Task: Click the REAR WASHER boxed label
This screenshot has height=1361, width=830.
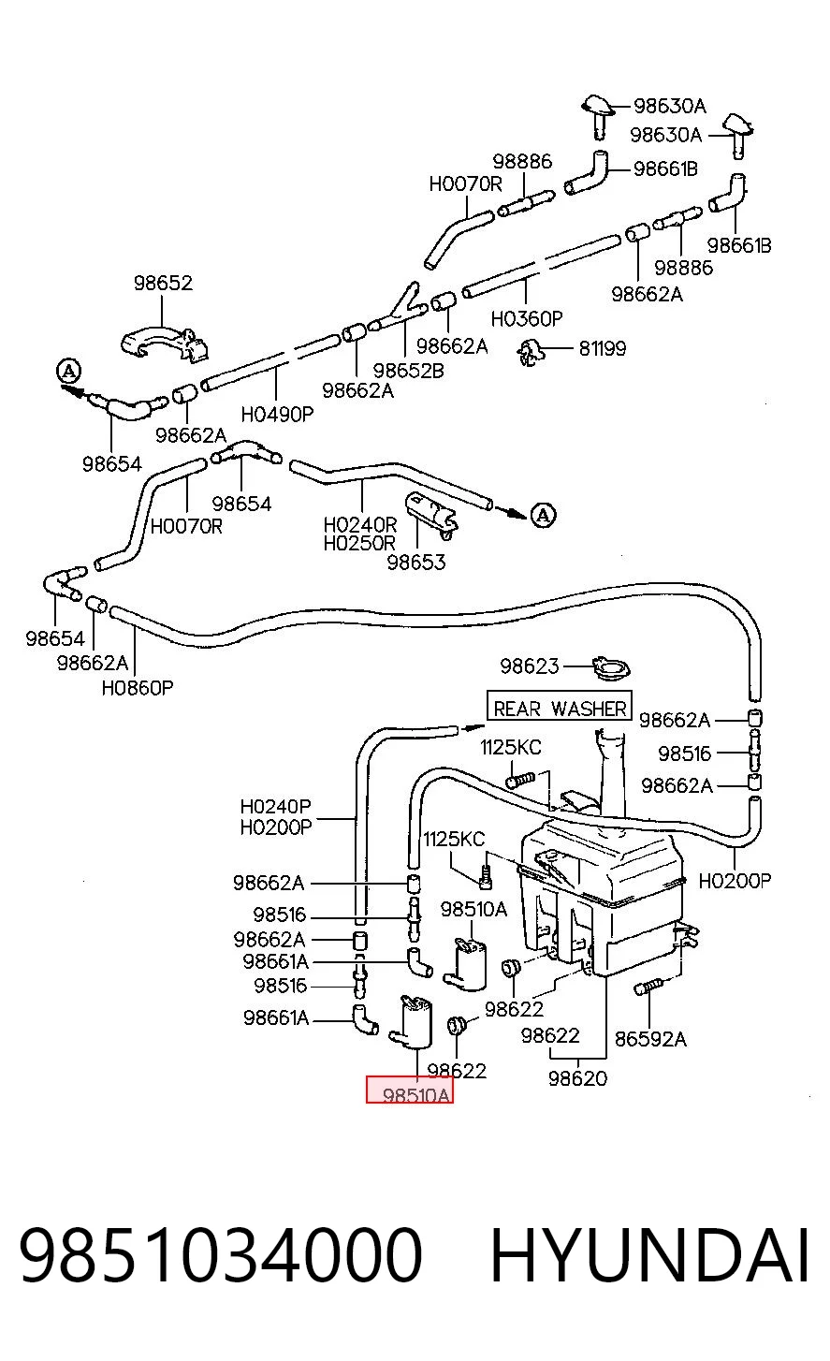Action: coord(559,706)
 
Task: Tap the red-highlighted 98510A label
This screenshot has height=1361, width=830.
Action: coord(410,1090)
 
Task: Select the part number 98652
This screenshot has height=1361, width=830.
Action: coord(163,283)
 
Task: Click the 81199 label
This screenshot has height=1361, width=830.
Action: coord(602,349)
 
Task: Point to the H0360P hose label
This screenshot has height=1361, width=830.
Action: coord(527,318)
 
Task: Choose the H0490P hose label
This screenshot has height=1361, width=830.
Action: coord(277,415)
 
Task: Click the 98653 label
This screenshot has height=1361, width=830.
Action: coord(416,562)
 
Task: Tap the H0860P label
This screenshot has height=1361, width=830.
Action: coord(138,688)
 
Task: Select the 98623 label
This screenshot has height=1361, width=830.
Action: coord(530,666)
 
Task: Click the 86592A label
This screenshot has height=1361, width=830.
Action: coord(650,1039)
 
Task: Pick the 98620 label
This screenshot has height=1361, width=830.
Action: coord(578,1078)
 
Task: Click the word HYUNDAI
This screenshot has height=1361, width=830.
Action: coord(648,1255)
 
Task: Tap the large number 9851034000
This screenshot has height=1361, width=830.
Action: coord(221,1255)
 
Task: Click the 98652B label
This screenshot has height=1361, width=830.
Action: coord(408,370)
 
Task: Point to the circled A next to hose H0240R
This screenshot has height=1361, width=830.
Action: coord(544,515)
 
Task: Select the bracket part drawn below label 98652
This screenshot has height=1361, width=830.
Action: coord(164,344)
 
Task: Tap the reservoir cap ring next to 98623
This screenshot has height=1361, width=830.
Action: coord(611,668)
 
